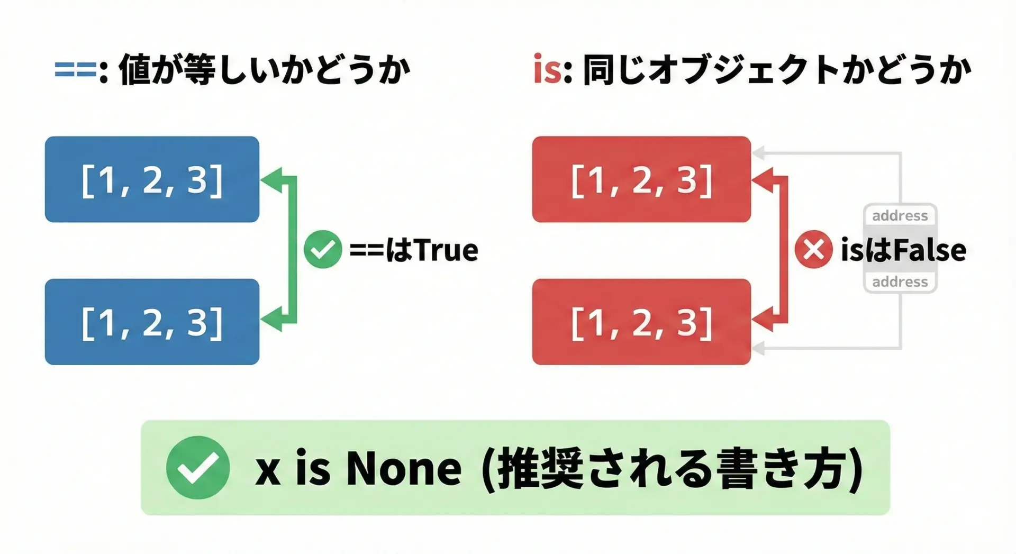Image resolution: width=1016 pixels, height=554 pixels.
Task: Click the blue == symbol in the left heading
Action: pos(76,70)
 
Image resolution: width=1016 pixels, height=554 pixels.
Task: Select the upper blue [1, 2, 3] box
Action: pos(152,179)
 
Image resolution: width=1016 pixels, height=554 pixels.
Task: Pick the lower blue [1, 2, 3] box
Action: pos(152,322)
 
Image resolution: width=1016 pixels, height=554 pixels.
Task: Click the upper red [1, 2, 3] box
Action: pos(641,179)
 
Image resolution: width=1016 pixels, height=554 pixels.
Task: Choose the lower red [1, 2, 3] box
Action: pos(641,322)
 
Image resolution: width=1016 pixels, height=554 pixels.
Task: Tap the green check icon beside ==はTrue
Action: pos(323,249)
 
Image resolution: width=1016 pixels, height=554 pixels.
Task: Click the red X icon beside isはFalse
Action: pos(813,249)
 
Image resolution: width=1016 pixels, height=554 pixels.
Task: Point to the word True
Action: pos(447,250)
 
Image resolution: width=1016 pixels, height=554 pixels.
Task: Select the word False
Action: pos(930,250)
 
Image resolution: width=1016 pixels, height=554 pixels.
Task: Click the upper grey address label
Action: pos(900,216)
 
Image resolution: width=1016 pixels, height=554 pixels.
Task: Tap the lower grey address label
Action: pos(900,282)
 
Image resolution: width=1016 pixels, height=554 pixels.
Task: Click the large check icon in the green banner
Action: pos(198,467)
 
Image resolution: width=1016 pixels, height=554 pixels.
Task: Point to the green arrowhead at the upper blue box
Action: pos(271,179)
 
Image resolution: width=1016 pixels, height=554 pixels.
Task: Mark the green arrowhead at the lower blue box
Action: pos(271,320)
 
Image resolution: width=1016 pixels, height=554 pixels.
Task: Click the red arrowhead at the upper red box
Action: pos(763,179)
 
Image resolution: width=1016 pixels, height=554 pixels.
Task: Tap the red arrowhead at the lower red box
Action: pos(763,320)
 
